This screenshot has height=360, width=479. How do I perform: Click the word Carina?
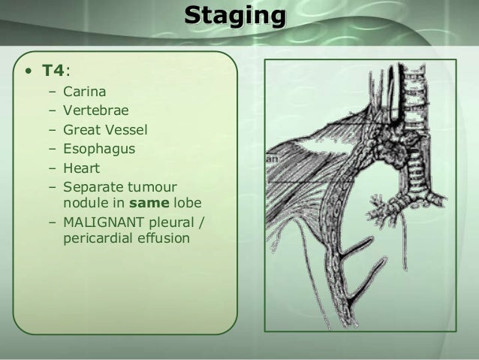click(x=85, y=92)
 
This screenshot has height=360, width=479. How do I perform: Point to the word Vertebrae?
click(x=95, y=111)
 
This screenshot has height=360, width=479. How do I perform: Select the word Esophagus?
click(x=99, y=149)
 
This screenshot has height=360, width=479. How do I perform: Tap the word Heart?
click(x=82, y=168)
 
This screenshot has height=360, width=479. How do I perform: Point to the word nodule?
click(x=85, y=203)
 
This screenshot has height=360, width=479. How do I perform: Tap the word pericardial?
click(x=95, y=240)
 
